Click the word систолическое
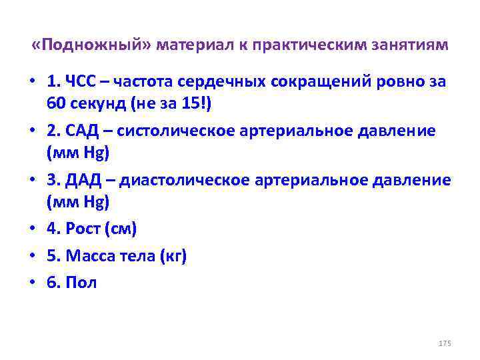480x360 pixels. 175,131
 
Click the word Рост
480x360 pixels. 85,229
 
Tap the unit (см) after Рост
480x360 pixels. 122,229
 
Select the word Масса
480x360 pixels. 91,256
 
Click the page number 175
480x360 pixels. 445,343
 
